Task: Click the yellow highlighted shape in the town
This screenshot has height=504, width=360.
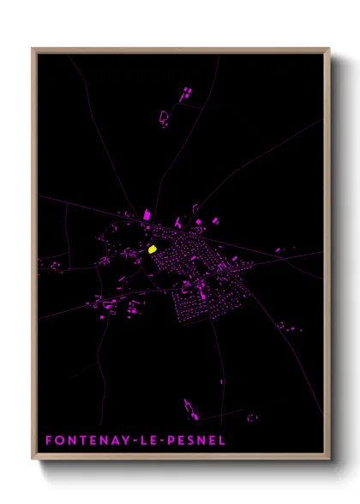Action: [152, 249]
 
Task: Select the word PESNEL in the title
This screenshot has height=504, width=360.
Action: [198, 441]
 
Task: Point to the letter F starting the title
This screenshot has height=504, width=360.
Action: [49, 441]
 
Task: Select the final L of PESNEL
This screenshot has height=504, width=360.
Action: [220, 441]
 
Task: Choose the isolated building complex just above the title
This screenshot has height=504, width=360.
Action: [190, 409]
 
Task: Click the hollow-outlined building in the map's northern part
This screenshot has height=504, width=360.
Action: [164, 117]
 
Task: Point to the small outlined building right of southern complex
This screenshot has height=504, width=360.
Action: [251, 417]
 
